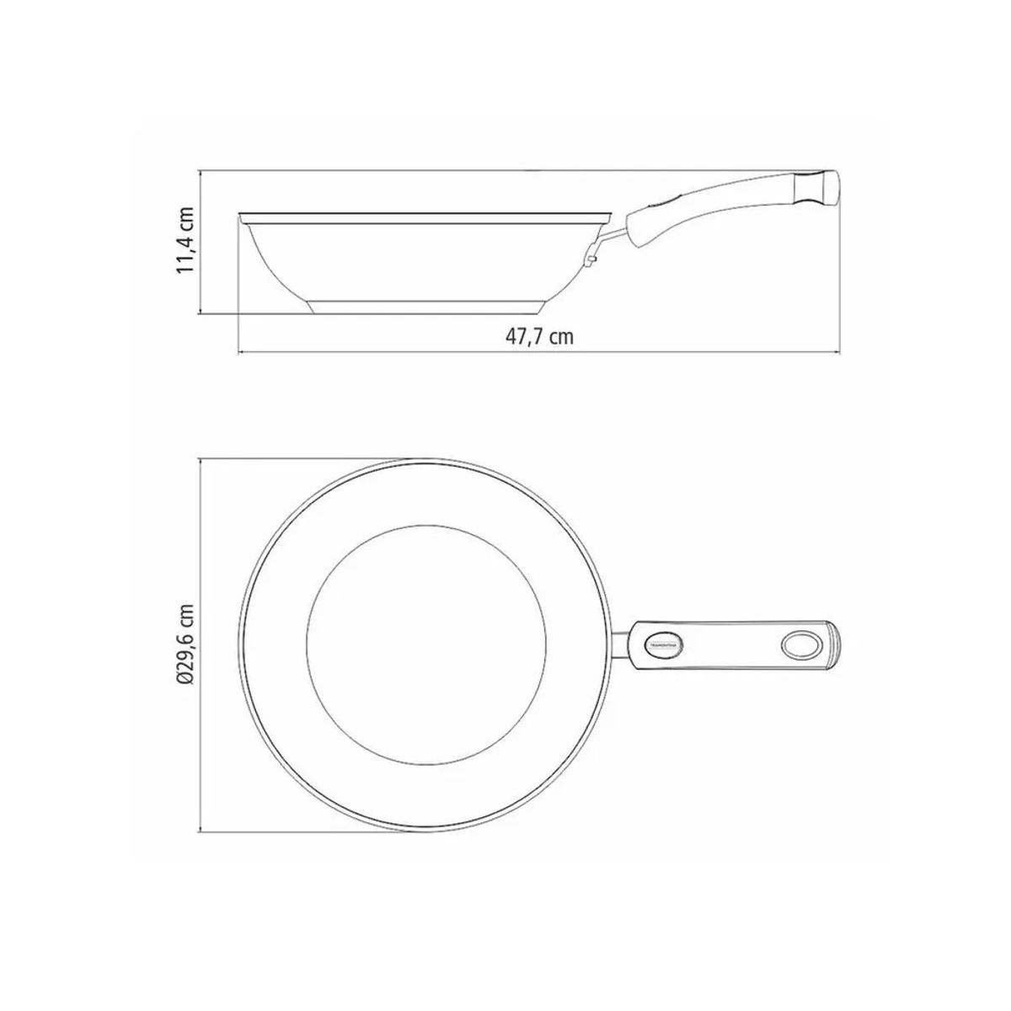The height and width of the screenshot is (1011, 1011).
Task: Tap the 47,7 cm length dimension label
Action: (539, 337)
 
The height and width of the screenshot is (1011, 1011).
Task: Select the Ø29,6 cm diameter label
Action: (186, 645)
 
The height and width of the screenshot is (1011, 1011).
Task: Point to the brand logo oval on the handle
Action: (665, 645)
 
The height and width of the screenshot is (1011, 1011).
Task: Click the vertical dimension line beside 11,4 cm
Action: (201, 241)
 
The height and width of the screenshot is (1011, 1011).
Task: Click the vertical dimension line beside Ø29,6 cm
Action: (201, 645)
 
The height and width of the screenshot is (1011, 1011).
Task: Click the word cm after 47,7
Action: (561, 337)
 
